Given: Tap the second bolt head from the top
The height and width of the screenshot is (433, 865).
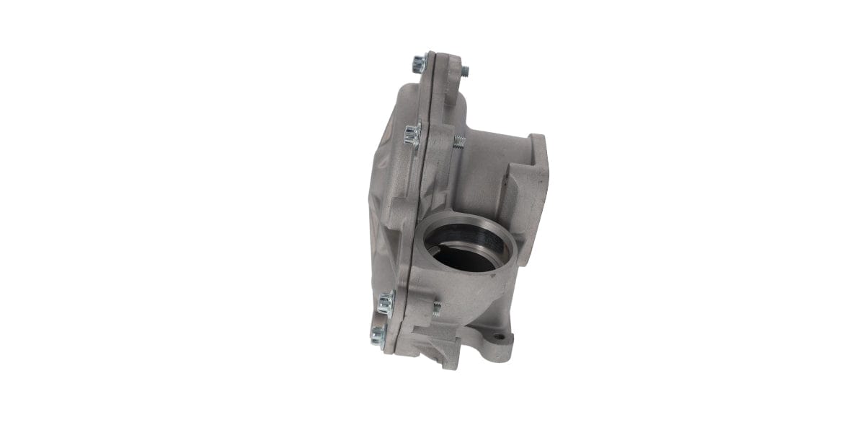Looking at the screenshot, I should coord(412,133).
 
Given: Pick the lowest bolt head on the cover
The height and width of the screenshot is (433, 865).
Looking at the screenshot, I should coord(378,334).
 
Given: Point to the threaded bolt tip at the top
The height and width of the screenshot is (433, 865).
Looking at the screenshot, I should coord(465,71).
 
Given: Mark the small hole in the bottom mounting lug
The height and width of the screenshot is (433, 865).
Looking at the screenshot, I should coord(499,337).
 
